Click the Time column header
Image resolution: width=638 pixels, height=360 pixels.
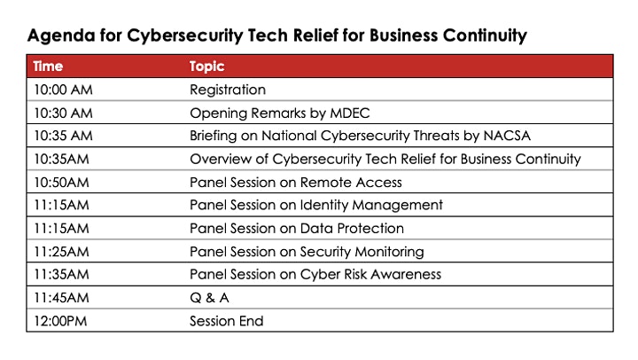pos(48,66)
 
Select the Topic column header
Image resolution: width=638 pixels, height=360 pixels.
pos(206,67)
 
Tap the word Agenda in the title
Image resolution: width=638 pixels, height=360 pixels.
pos(61,35)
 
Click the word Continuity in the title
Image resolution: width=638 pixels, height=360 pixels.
pos(485,35)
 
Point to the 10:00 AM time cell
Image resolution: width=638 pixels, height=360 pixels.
pos(64,90)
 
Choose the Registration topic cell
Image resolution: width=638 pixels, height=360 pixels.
pos(228,90)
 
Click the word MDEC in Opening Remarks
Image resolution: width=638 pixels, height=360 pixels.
pos(349,113)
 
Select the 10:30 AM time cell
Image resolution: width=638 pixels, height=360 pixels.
pos(64,113)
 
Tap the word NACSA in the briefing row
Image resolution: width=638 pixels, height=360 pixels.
pos(507,136)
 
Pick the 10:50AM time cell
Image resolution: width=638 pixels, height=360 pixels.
pos(61,183)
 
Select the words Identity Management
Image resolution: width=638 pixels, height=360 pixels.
pos(371,205)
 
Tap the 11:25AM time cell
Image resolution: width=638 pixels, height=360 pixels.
pos(61,252)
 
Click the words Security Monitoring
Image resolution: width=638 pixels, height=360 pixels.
pos(362,252)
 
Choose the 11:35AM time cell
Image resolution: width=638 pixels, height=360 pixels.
pos(61,275)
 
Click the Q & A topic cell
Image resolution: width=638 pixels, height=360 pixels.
pos(209,298)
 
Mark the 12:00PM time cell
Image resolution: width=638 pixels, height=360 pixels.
pos(60,321)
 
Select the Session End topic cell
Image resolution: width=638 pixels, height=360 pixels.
pos(227,321)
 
